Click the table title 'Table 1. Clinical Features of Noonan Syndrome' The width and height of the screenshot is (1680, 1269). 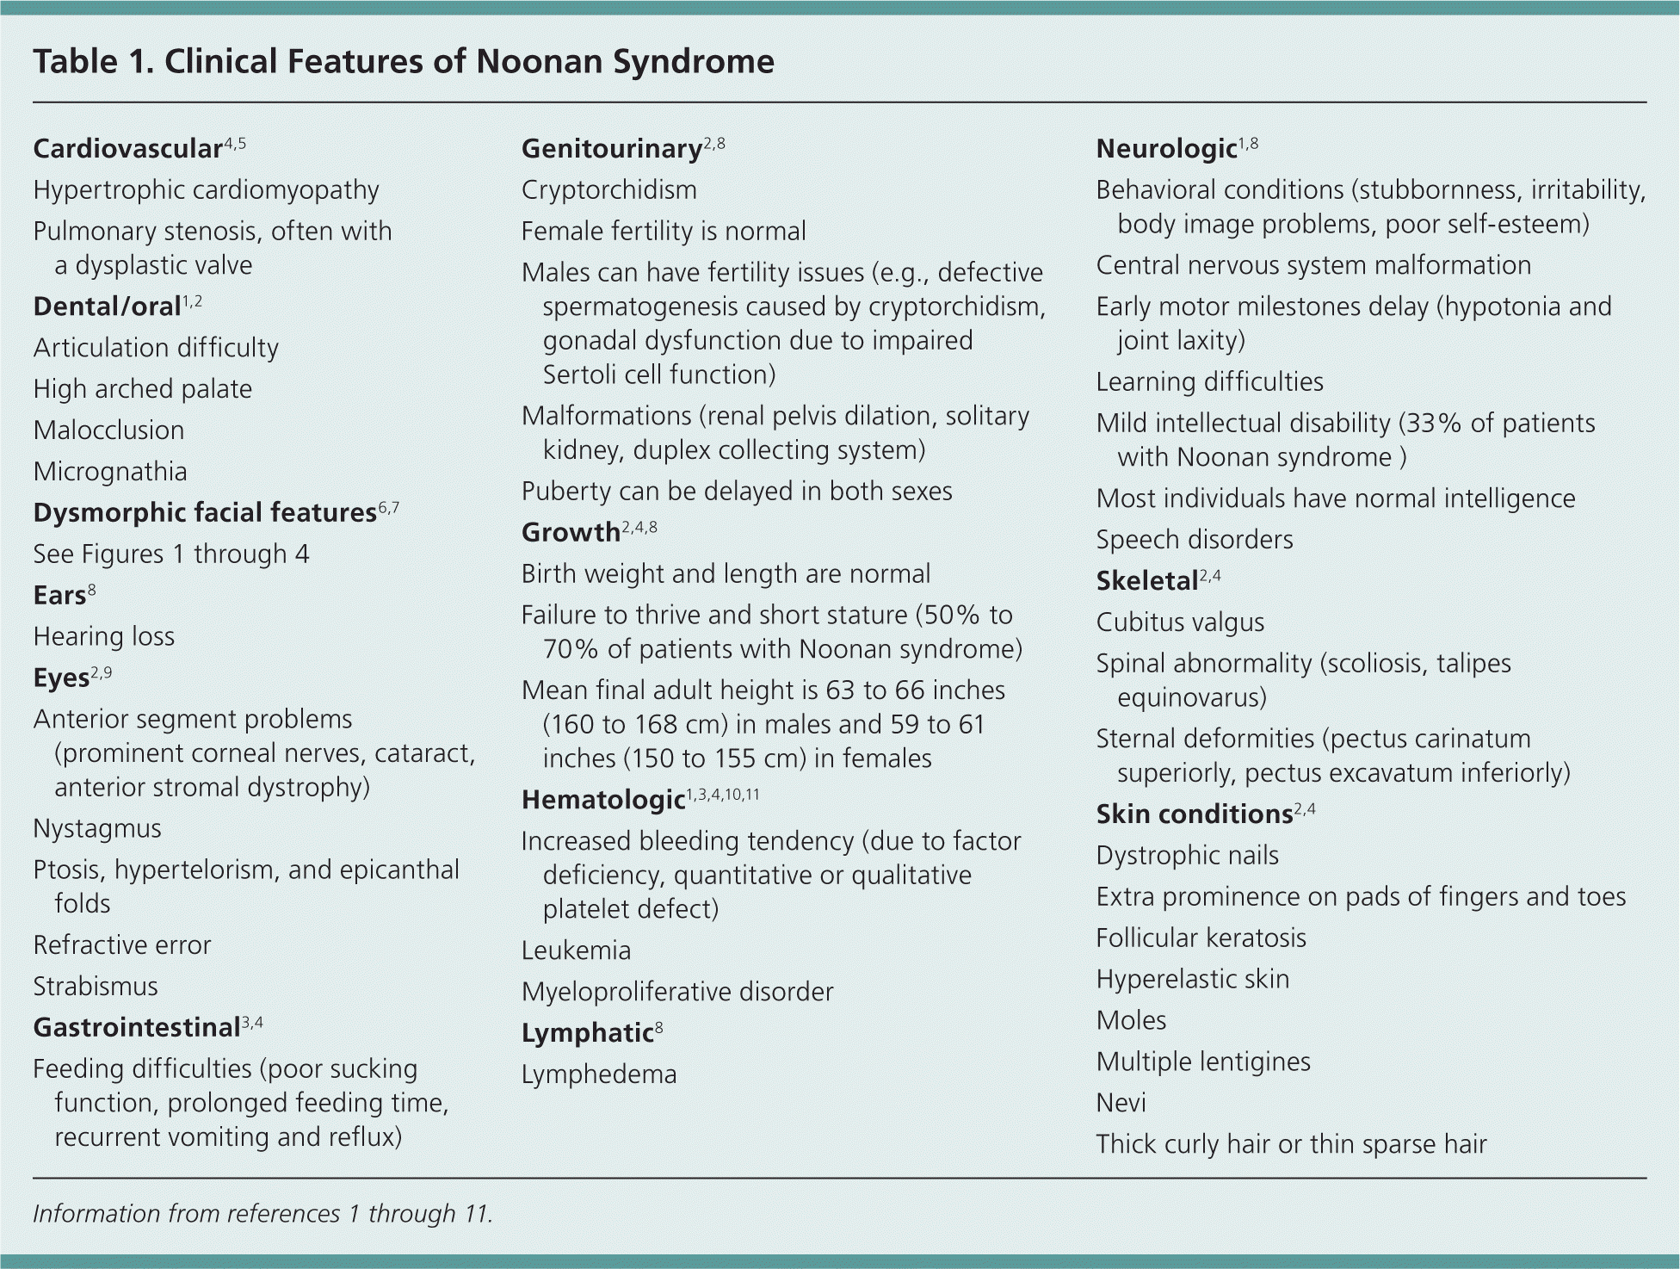[x=404, y=62]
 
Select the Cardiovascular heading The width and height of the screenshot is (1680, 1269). [x=128, y=149]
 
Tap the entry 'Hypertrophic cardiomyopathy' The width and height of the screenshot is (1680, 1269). [x=206, y=190]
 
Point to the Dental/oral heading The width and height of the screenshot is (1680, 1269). [x=107, y=306]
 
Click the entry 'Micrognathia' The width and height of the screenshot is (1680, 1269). [x=110, y=472]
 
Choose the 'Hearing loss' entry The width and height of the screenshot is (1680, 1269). [x=104, y=637]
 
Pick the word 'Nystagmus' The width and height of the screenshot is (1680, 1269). [x=97, y=829]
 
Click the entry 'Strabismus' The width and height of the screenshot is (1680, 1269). [x=96, y=987]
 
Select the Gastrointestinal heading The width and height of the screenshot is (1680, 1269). [x=136, y=1028]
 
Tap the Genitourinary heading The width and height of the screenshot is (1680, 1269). [x=612, y=149]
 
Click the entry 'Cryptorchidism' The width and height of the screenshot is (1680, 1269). [x=609, y=190]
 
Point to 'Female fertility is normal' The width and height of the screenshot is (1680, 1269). [x=664, y=232]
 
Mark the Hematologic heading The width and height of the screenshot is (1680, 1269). [x=603, y=801]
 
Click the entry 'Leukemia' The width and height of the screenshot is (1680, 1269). [x=576, y=951]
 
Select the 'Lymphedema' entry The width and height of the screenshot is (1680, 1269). [x=599, y=1075]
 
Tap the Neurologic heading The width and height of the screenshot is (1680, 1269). [x=1166, y=149]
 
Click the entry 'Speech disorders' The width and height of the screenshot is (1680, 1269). [x=1195, y=540]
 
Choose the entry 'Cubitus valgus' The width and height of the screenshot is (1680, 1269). [x=1180, y=622]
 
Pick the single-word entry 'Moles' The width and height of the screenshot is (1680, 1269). [x=1131, y=1021]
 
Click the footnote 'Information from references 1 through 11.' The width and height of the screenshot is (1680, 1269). [x=262, y=1214]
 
